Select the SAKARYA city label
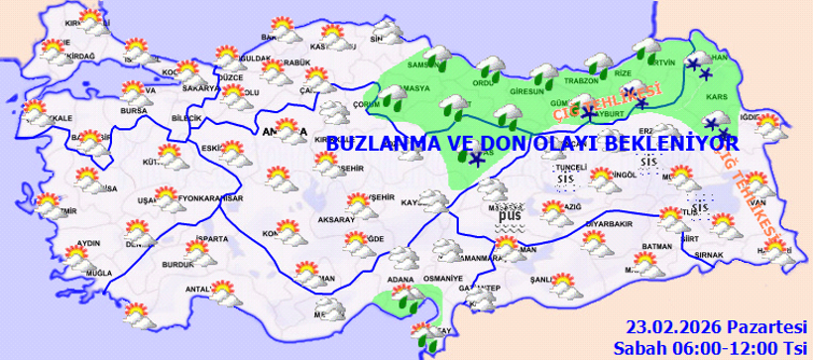199,87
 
